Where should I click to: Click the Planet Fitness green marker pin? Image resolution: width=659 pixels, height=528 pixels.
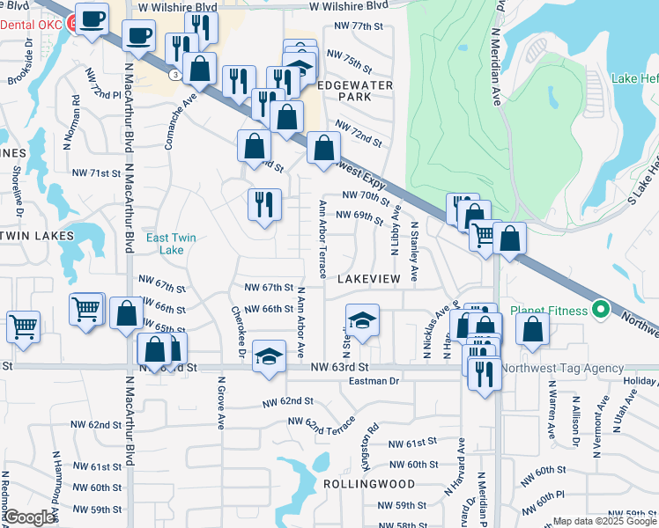pos(602,310)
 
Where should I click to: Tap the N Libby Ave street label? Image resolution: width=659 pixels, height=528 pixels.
pos(396,231)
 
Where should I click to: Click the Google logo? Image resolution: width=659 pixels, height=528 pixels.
pos(30,517)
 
